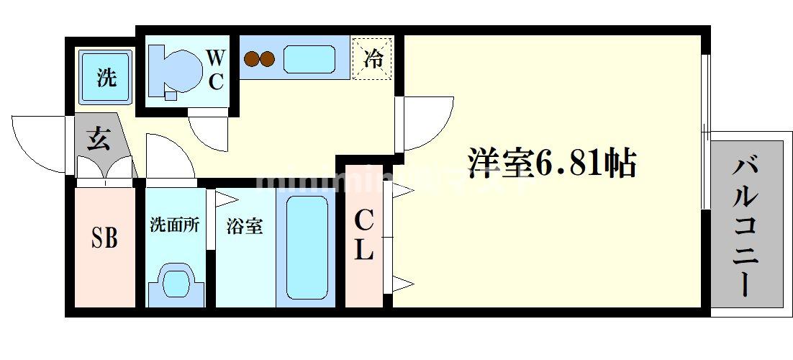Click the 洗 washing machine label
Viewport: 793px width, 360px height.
[x=107, y=78]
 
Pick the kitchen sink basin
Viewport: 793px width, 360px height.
[x=309, y=59]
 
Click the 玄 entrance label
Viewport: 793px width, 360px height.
[x=99, y=139]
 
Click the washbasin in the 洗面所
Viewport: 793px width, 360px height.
[x=175, y=284]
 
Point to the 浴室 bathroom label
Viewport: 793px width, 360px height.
[x=245, y=225]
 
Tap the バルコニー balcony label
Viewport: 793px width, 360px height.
[x=746, y=228]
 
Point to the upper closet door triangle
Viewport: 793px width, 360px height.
[x=402, y=191]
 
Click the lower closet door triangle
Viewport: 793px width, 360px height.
[x=402, y=283]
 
